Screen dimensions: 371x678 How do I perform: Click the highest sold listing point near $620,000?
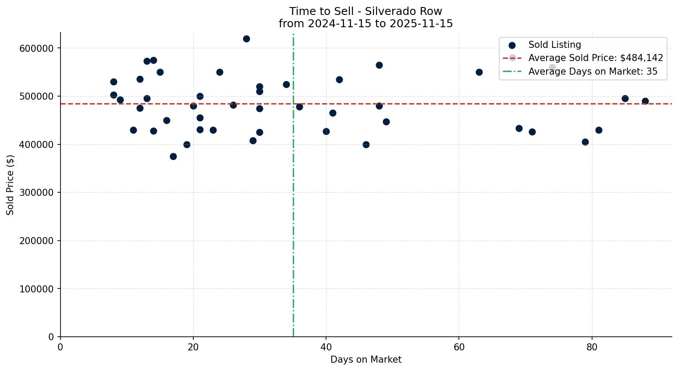246,39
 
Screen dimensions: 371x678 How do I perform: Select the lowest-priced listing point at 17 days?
173,156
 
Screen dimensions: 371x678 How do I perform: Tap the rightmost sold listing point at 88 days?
645,101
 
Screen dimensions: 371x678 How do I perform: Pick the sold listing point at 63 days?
479,72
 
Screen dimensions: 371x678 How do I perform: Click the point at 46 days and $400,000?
366,144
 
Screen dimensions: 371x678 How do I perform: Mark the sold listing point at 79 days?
585,142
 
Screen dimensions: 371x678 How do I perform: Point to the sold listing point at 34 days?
286,84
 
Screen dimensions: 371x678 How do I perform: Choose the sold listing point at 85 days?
625,98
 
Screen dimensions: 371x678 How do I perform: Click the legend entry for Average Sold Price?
595,58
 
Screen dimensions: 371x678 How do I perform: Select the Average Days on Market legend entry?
593,72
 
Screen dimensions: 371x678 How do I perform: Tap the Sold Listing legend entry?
554,45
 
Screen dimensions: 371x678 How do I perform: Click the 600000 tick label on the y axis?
36,48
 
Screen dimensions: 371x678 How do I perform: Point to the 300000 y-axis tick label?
36,193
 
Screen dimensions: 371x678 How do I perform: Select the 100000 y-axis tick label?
36,289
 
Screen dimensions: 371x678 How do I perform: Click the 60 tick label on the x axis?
459,347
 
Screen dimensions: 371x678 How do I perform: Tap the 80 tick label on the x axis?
592,347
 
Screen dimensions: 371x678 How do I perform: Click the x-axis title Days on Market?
366,360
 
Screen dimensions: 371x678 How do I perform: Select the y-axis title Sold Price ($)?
11,185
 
